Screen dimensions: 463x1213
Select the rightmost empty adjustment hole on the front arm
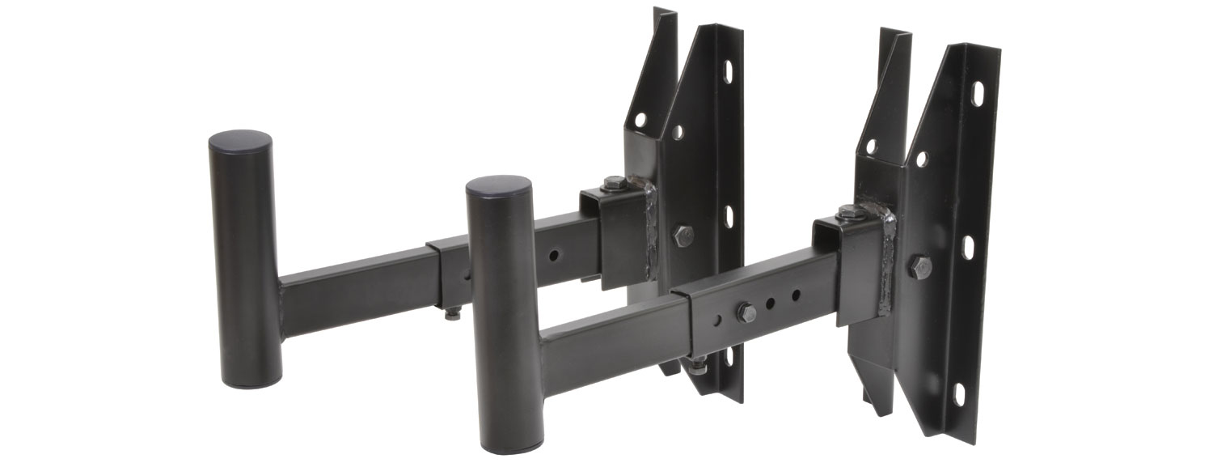(x=796, y=294)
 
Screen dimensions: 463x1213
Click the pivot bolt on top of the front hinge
(x=848, y=213)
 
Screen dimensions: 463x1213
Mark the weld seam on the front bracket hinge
(x=885, y=259)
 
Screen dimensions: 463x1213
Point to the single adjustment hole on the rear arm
(x=553, y=254)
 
